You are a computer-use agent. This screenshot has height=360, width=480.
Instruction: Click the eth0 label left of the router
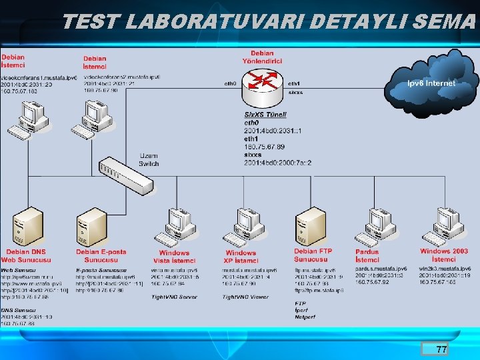[x=230, y=83]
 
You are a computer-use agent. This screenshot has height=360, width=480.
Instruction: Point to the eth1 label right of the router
[x=293, y=83]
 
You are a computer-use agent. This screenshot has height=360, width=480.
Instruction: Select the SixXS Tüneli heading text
[x=265, y=115]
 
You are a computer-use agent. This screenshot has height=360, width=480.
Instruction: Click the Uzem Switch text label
[x=149, y=159]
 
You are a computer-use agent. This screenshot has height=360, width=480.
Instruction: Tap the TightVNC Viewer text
[x=245, y=297]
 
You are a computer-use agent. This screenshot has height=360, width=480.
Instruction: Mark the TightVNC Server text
[x=174, y=297]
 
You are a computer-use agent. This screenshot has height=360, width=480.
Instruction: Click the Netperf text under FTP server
[x=305, y=317]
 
